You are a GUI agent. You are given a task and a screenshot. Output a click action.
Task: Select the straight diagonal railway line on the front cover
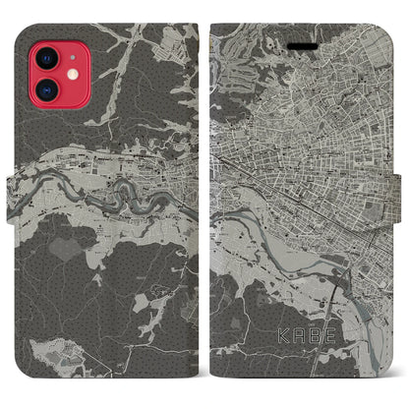[295, 177]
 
